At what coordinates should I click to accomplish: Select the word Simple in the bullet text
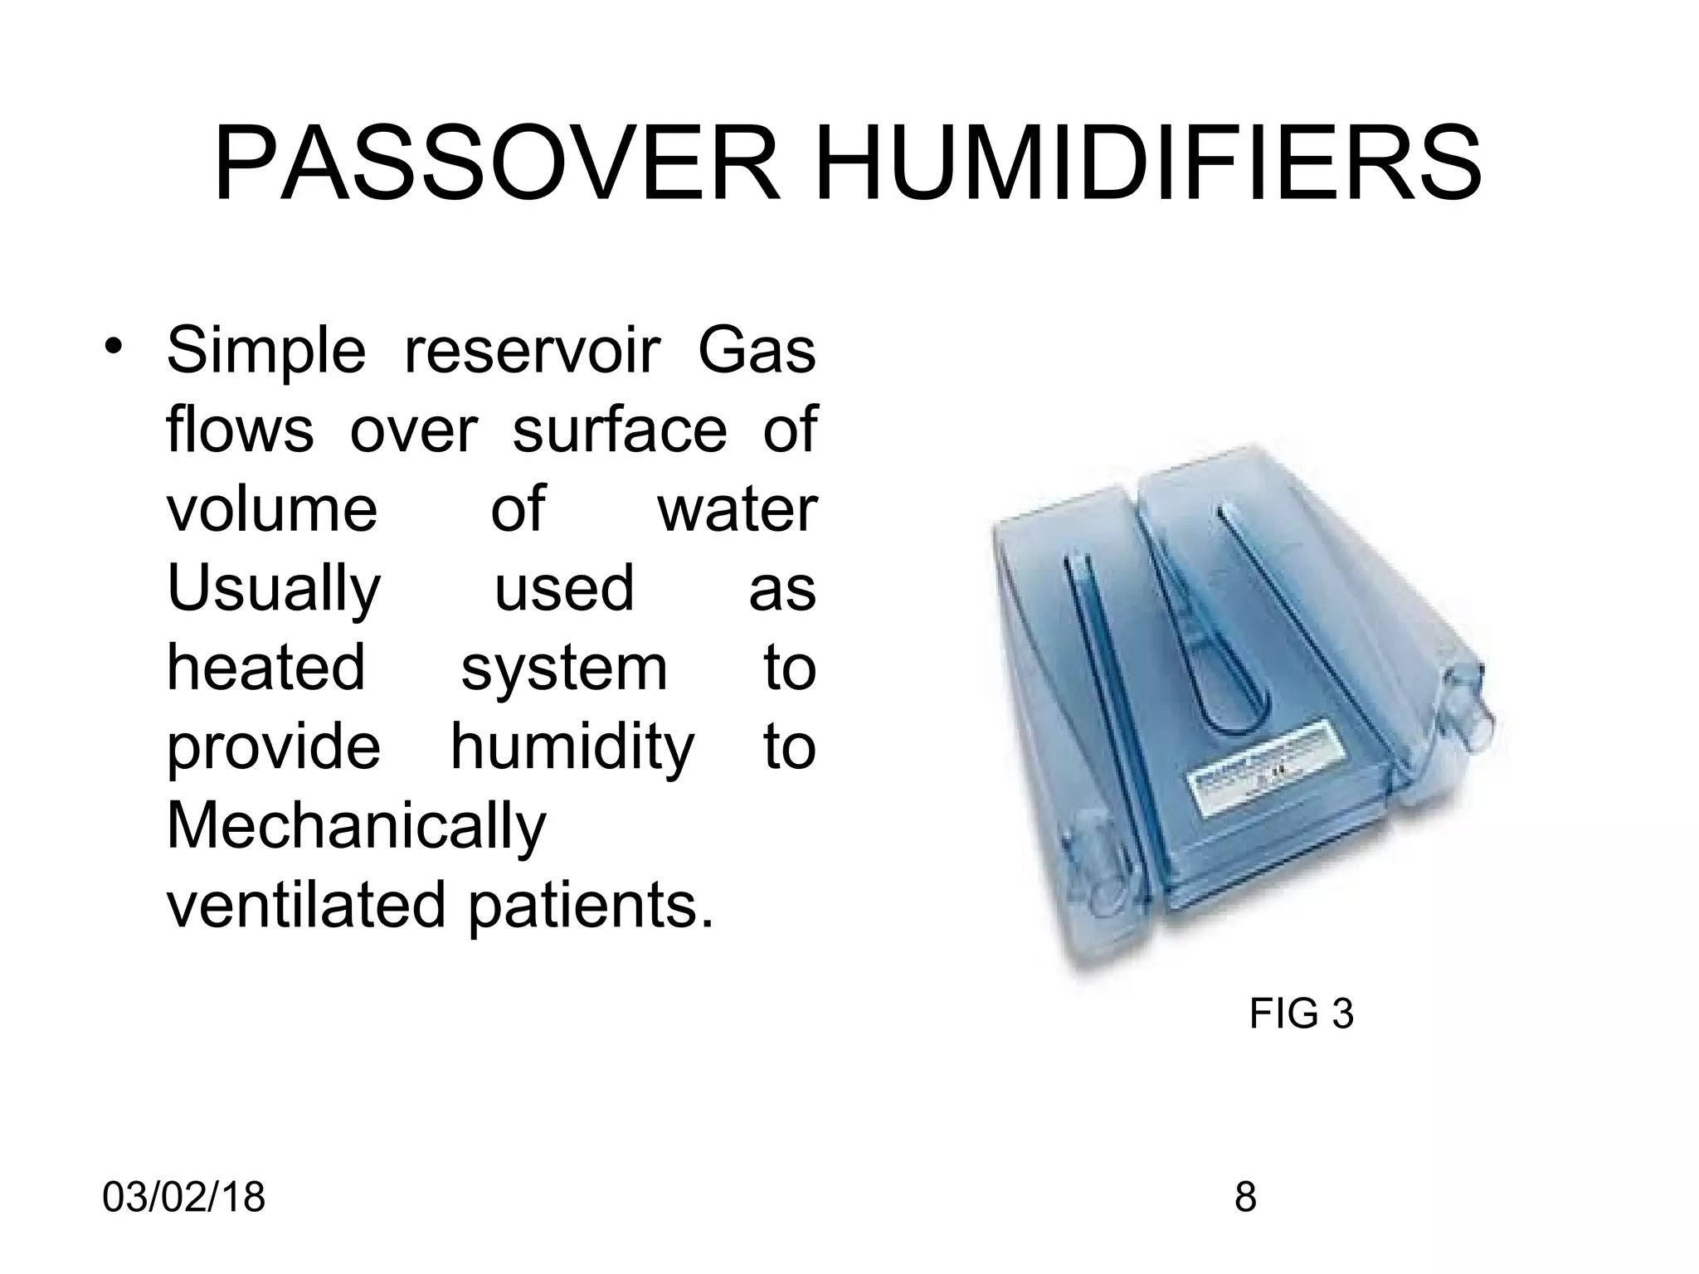coord(265,352)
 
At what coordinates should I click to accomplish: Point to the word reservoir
coord(531,350)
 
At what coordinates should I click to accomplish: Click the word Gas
coord(757,350)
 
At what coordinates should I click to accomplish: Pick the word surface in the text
coord(619,430)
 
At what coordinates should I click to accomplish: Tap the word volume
coord(272,509)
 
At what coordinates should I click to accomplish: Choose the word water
coord(737,509)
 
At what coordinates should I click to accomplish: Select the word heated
coord(265,667)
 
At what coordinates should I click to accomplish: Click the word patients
coord(591,907)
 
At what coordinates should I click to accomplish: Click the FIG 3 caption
coord(1301,1014)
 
